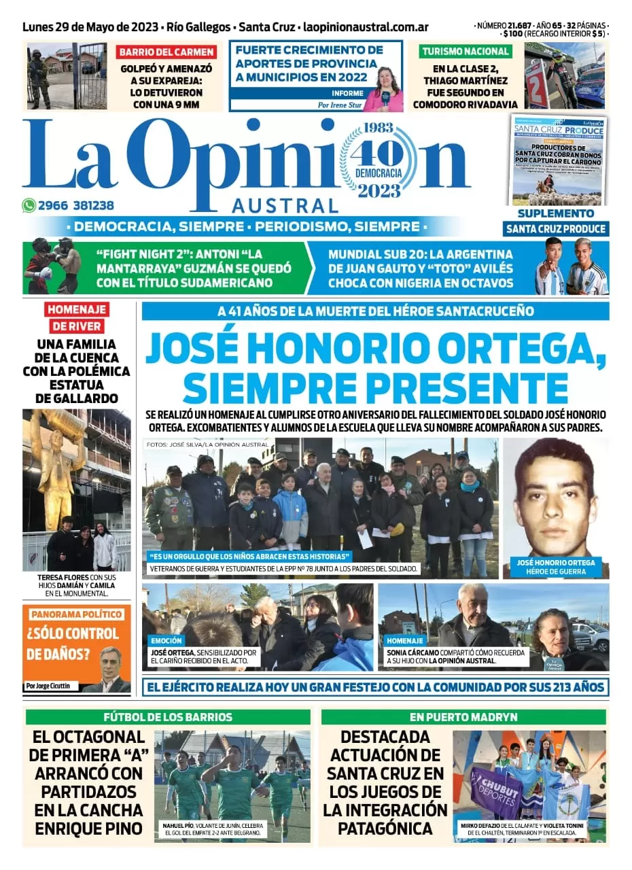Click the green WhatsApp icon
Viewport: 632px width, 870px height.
pos(29,205)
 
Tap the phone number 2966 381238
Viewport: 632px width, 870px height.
pos(76,205)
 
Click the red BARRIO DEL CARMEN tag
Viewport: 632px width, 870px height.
pos(166,52)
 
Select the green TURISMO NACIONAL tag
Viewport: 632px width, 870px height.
pos(465,51)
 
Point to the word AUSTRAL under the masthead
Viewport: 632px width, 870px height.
pos(285,205)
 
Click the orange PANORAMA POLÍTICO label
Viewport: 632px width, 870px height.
pos(76,614)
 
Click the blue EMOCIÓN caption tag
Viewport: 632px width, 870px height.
pos(166,640)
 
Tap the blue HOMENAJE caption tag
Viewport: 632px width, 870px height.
pos(404,640)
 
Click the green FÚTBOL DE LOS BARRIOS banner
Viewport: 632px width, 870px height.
pos(168,717)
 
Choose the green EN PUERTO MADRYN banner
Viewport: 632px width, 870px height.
pos(464,717)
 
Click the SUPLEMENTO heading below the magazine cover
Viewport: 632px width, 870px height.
pos(556,213)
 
